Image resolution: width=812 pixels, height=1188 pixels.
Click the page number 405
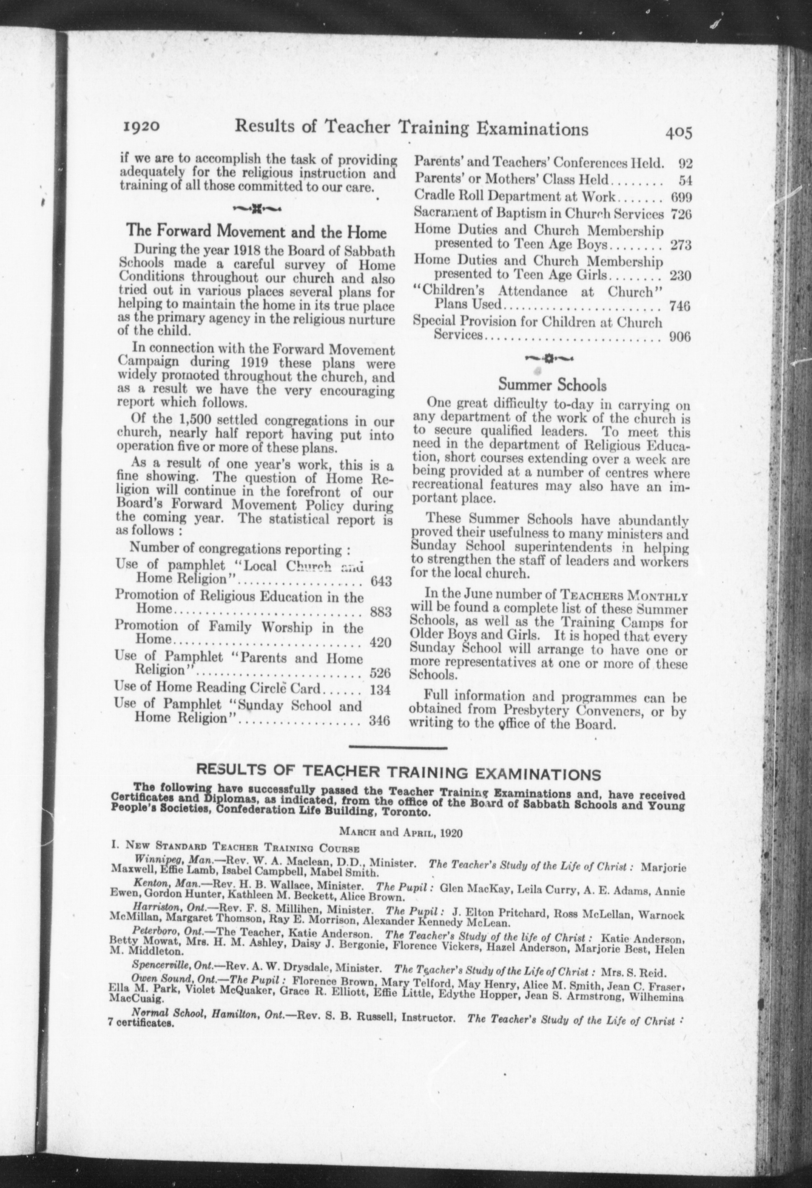[x=678, y=133]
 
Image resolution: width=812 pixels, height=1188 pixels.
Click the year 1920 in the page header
[x=142, y=126]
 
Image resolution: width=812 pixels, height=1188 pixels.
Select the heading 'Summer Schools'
[x=552, y=384]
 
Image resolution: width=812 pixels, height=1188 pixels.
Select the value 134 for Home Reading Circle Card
[x=380, y=690]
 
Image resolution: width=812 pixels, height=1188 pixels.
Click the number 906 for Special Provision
[x=679, y=337]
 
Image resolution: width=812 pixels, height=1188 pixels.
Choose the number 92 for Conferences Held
[x=684, y=164]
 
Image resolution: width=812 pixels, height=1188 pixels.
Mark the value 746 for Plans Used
[x=679, y=306]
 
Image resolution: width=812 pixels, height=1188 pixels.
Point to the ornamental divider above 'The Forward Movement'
[x=256, y=208]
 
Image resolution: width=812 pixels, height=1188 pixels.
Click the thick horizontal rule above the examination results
[x=398, y=748]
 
